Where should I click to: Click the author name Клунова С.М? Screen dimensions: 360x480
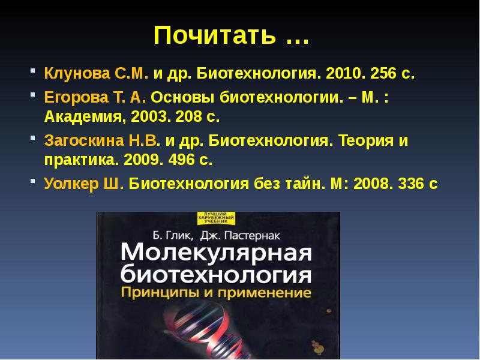coord(96,74)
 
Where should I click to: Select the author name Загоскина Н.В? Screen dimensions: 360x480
coord(101,142)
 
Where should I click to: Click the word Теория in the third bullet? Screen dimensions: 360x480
coord(365,142)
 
